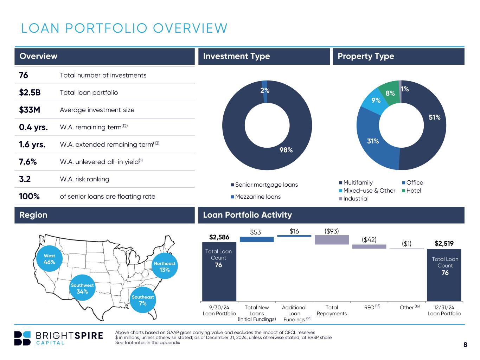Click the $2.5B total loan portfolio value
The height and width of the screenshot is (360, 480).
tap(30, 92)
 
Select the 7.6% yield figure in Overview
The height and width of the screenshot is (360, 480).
tap(28, 162)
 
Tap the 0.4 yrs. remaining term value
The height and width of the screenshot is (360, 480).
tap(33, 127)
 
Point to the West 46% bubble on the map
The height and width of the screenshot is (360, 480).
tap(49, 259)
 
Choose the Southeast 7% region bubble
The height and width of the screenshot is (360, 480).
tap(143, 300)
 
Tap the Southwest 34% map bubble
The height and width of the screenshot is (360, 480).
tap(82, 288)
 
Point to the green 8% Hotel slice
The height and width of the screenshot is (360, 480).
tap(389, 92)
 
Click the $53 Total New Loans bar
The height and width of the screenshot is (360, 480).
tap(257, 239)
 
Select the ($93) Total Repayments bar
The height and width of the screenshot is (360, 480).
tap(332, 240)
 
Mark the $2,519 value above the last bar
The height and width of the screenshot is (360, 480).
tap(444, 243)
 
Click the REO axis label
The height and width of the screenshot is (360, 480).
tap(369, 307)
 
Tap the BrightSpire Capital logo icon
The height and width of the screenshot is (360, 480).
tap(23, 338)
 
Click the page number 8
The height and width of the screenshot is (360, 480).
tap(465, 345)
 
